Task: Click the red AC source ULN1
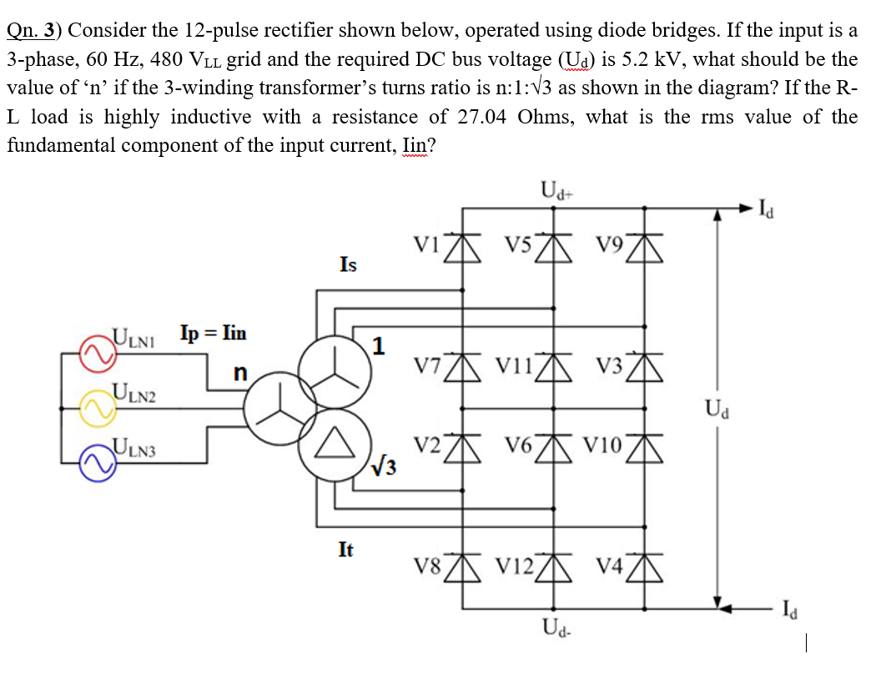click(93, 353)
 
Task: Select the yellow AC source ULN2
click(93, 407)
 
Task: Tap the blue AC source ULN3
click(93, 462)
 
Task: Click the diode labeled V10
click(644, 448)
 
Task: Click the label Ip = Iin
click(213, 332)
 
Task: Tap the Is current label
click(348, 264)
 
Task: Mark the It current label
click(345, 549)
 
